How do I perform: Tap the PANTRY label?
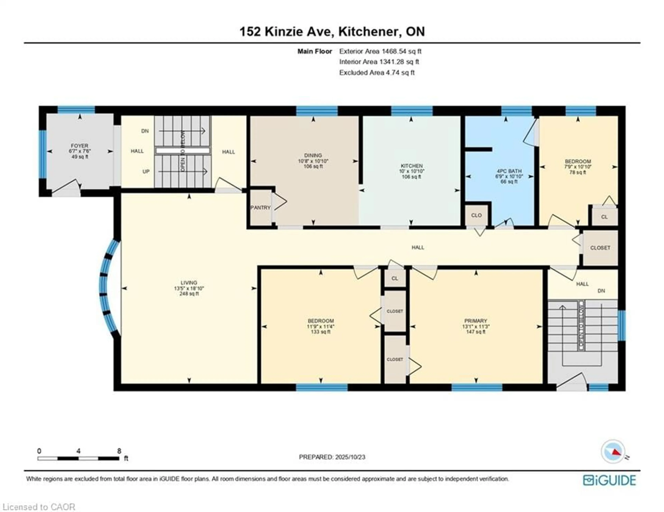[260, 208]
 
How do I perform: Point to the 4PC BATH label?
[509, 171]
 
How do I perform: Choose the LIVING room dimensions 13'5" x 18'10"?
[189, 288]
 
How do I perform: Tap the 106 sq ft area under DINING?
[313, 166]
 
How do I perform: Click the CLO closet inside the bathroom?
[476, 215]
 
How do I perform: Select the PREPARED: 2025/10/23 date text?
[332, 457]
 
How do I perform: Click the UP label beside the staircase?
[146, 172]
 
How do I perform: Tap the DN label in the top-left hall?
[145, 131]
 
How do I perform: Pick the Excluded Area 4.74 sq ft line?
[377, 73]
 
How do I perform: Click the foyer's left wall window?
[43, 154]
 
